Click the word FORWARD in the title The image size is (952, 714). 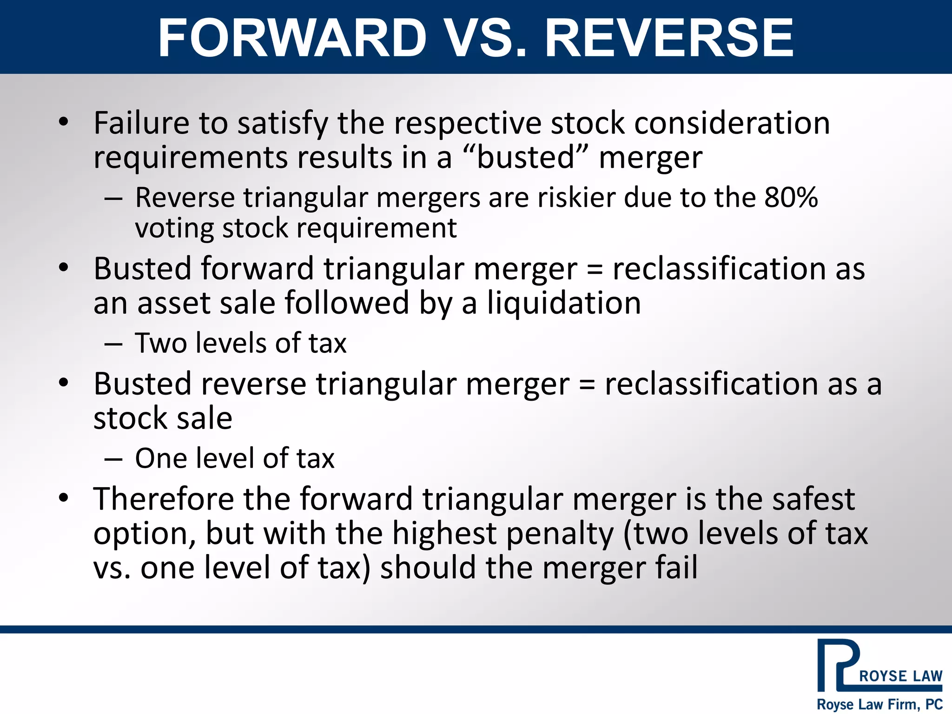[x=292, y=38]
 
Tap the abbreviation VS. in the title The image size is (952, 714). [x=486, y=38]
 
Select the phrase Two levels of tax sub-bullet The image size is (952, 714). [x=240, y=344]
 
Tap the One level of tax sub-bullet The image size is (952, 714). [x=234, y=458]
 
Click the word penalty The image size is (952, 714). [x=560, y=534]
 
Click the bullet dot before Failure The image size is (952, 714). [x=64, y=122]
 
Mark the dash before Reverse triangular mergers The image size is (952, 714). [x=113, y=199]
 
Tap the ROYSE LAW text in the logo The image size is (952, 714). [x=900, y=676]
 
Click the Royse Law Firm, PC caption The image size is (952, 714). [x=879, y=704]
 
